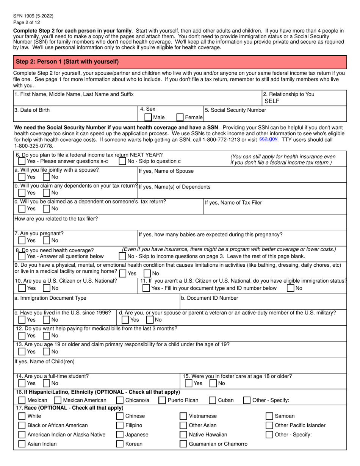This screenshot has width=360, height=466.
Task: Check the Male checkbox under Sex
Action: (148, 117)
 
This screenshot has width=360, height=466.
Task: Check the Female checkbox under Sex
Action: (180, 117)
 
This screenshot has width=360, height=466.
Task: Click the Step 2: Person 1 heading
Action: (67, 61)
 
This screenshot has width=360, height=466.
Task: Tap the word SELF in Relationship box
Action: (271, 101)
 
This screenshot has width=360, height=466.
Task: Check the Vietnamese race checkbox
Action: (183, 416)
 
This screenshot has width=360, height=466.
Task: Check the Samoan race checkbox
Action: (269, 416)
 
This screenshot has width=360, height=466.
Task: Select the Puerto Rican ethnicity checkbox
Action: (162, 400)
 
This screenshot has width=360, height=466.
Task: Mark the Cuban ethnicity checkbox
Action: (213, 400)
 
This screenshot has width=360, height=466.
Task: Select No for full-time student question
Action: (47, 383)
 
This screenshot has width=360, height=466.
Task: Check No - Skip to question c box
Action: (122, 161)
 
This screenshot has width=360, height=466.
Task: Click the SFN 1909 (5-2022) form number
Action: (33, 16)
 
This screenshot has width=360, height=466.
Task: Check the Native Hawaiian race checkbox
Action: (183, 435)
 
